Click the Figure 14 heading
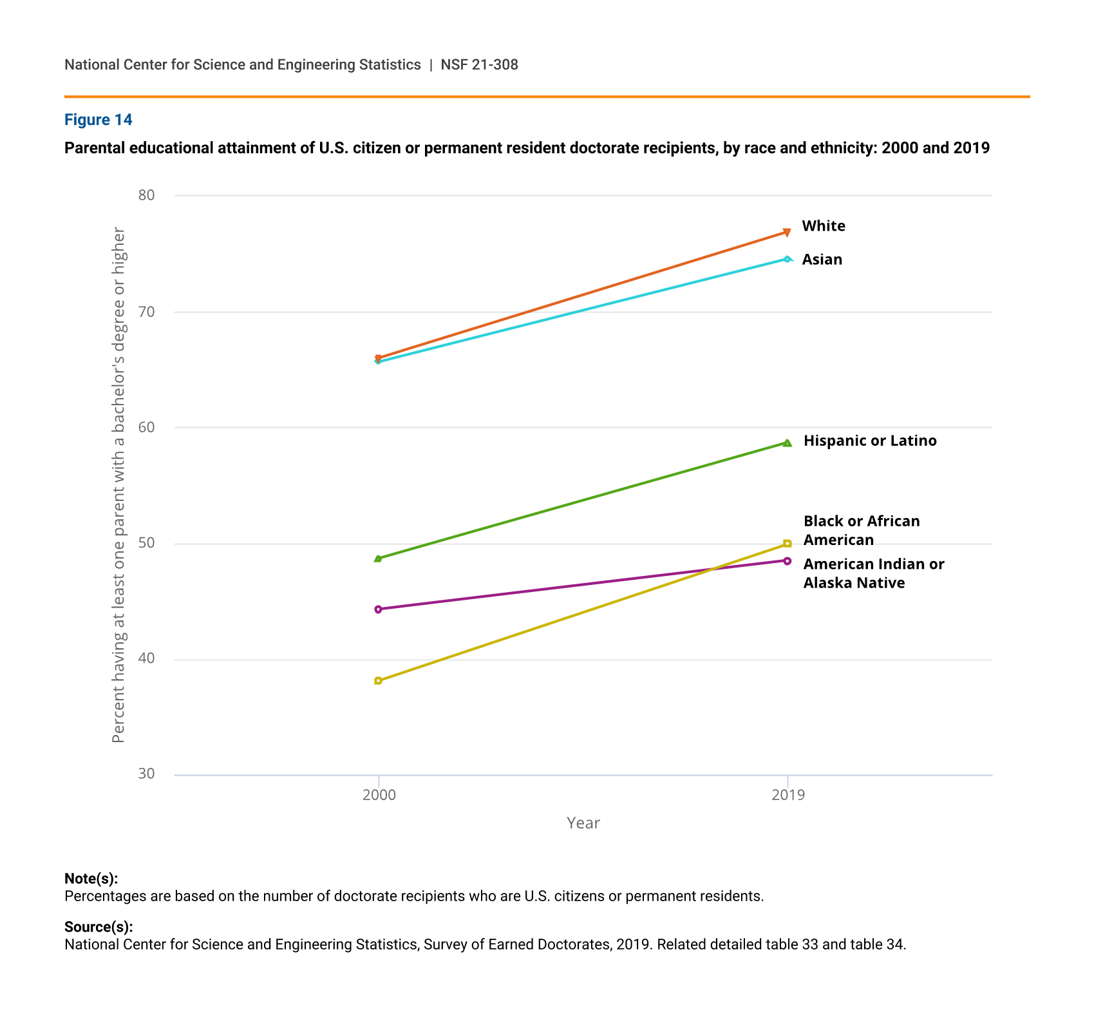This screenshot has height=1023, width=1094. (99, 120)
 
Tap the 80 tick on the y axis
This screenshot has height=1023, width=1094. (147, 195)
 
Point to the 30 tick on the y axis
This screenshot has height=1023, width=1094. (147, 774)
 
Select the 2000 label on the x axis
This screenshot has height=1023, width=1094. (379, 795)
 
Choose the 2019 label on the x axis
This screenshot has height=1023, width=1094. (787, 795)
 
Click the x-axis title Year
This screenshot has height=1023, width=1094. (583, 823)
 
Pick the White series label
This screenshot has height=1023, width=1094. (824, 226)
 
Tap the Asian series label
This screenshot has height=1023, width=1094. (822, 260)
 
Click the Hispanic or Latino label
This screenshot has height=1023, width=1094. (870, 441)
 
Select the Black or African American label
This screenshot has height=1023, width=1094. (862, 530)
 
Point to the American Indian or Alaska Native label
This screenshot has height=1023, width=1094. (873, 573)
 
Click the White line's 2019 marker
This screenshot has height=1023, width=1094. (787, 232)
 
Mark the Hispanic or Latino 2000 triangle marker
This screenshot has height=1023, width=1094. (378, 559)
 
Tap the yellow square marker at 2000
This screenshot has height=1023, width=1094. (378, 680)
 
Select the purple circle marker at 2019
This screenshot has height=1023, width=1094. (787, 560)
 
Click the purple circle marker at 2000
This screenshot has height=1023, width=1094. (378, 609)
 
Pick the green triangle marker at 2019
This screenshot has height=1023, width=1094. (787, 443)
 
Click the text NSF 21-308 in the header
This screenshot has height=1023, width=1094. (479, 65)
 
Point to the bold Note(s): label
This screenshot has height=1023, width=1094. (91, 879)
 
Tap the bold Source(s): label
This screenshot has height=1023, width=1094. (99, 927)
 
